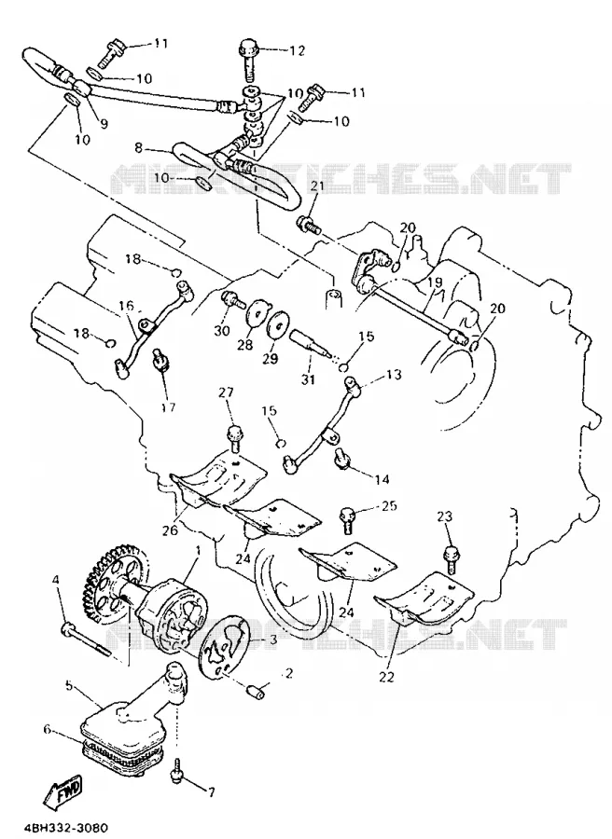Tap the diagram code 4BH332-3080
[61, 827]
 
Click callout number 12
[298, 50]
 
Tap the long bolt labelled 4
[87, 640]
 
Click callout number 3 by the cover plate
[272, 639]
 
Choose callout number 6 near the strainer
[48, 729]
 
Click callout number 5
[68, 685]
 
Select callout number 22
[386, 677]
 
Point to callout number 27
[226, 393]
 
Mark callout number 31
[308, 379]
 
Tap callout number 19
[434, 282]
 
